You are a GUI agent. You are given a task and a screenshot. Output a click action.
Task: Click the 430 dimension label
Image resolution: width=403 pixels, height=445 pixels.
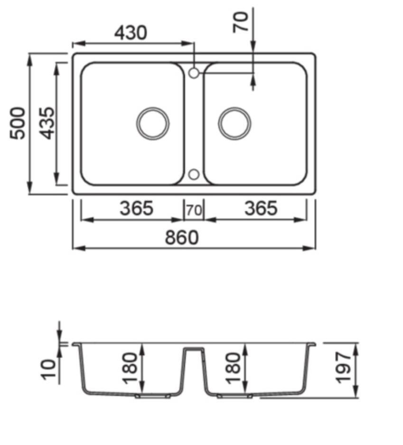click(x=131, y=33)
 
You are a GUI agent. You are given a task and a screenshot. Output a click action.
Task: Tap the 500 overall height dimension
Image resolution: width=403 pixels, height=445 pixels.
click(x=18, y=123)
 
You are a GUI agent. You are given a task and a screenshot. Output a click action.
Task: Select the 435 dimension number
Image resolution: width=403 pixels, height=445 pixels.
click(x=46, y=123)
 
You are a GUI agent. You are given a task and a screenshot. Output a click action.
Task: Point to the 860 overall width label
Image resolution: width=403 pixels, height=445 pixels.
click(x=182, y=237)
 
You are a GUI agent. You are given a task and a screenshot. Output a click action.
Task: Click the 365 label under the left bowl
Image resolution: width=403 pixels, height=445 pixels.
click(x=136, y=208)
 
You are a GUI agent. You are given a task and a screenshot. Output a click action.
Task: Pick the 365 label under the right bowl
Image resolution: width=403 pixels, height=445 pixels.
click(x=261, y=208)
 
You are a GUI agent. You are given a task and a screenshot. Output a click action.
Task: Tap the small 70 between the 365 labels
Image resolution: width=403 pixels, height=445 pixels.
click(x=194, y=210)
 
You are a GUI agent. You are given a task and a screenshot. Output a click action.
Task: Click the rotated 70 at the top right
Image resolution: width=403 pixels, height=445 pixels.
click(x=241, y=22)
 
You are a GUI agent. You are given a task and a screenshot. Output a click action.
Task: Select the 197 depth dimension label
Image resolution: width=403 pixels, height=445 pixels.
click(x=343, y=368)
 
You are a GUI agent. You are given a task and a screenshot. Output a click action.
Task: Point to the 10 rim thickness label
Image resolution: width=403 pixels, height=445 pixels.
click(x=48, y=369)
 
